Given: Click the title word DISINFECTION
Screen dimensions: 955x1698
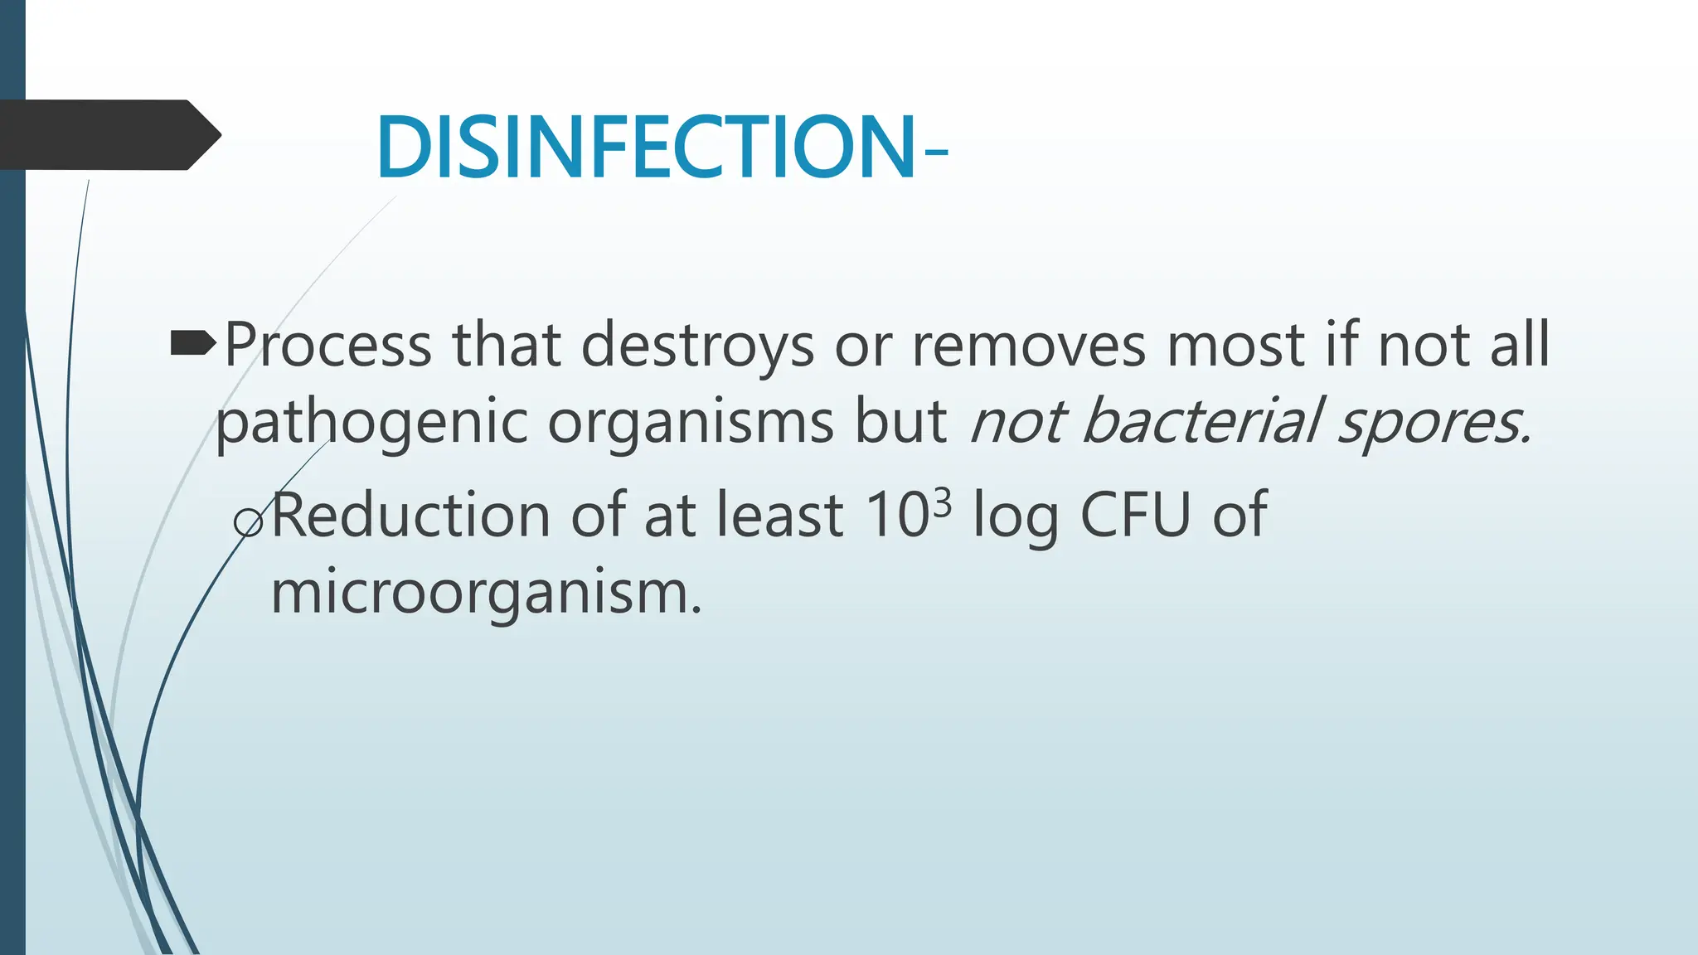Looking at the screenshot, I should [645, 148].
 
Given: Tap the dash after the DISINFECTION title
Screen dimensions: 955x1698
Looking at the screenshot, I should [934, 152].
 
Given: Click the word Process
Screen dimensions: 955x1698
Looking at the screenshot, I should [327, 345].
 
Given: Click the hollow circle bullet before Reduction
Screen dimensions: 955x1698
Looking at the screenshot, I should [248, 522].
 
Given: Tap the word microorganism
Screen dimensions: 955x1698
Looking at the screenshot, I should [486, 592].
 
